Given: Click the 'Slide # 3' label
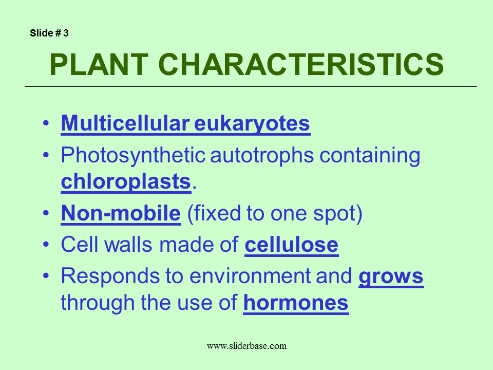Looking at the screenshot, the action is [x=49, y=33].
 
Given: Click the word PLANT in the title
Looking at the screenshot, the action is [x=99, y=65].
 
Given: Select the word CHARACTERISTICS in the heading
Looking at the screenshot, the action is [x=301, y=65].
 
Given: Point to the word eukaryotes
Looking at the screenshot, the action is [x=252, y=124].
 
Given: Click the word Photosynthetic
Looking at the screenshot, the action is [x=133, y=155].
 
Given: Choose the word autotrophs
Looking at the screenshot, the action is [x=262, y=155].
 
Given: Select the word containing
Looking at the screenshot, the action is [x=370, y=155].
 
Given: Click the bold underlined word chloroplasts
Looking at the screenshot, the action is [x=126, y=181].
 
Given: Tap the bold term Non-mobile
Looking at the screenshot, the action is [x=121, y=213].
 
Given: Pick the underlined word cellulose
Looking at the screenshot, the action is [x=292, y=245].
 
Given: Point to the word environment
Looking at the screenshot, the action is [x=250, y=276].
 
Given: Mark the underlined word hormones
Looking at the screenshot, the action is [x=296, y=303].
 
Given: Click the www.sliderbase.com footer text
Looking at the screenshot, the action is [x=246, y=346].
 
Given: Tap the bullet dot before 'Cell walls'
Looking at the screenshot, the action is [x=46, y=245].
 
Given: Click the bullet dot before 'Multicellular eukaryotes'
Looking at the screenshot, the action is [x=46, y=123].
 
